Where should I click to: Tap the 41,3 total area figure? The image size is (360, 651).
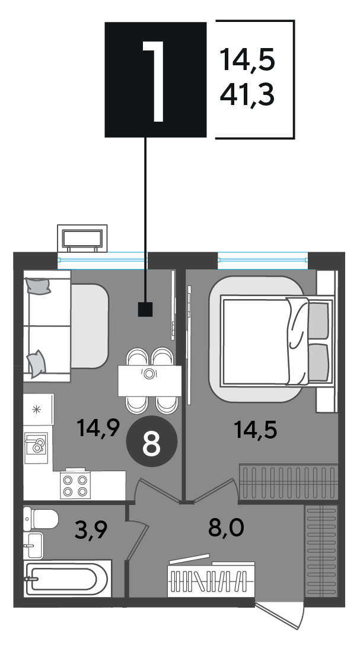coord(247,95)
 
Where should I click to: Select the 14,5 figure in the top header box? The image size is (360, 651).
coord(247,59)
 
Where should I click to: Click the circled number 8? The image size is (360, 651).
coord(151,444)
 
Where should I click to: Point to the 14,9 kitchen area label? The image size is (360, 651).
coord(98,428)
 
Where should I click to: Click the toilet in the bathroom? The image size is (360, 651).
coord(41,518)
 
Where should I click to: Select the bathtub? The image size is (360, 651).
coord(67,579)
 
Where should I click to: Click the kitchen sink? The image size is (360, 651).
coord(36,447)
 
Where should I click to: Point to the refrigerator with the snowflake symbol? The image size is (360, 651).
coord(38,409)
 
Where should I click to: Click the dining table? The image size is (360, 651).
coord(149,381)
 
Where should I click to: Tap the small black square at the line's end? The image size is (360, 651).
coord(145,309)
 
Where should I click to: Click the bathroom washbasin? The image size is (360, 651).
coord(33,545)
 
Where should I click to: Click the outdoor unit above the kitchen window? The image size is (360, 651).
coord(82,239)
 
